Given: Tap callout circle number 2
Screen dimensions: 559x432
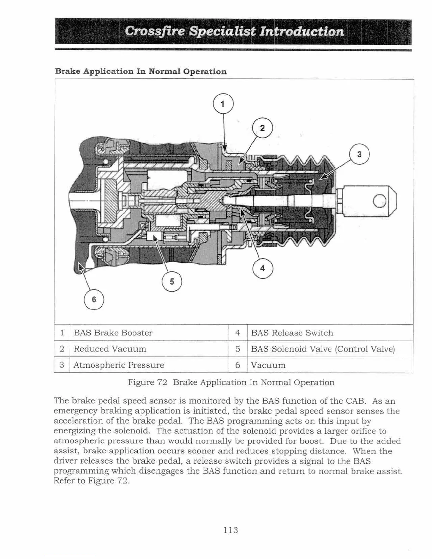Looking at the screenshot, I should [263, 128].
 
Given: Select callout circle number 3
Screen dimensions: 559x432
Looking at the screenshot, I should [359, 154].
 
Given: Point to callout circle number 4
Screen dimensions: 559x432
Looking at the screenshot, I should [263, 268].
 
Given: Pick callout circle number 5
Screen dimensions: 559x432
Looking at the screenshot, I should [172, 282].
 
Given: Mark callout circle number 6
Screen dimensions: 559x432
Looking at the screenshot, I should [94, 299].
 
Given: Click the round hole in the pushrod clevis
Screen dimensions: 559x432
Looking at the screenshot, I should [380, 202].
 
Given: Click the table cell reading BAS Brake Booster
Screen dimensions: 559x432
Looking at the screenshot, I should [113, 333].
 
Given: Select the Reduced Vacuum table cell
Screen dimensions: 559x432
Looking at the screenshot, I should [110, 349].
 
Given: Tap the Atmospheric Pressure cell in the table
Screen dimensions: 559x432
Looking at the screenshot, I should [119, 365].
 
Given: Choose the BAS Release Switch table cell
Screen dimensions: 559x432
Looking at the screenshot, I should [292, 333].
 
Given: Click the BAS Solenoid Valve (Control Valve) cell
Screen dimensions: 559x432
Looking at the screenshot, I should [323, 349].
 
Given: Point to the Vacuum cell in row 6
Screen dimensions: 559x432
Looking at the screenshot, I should [268, 365].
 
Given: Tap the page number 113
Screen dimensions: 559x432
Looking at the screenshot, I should [231, 530].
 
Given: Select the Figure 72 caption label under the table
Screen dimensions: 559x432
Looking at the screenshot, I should [147, 383].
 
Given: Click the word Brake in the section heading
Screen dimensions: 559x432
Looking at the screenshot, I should [68, 71].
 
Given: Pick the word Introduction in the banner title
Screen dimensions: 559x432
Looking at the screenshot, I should [302, 31].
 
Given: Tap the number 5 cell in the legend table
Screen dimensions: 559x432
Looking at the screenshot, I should [238, 349].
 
